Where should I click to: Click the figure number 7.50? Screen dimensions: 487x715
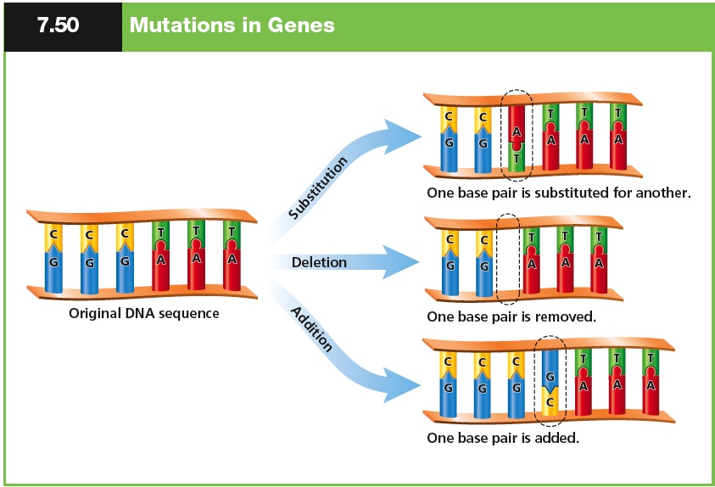58,25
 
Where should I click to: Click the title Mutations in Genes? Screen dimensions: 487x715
232,25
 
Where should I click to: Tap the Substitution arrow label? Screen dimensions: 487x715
318,188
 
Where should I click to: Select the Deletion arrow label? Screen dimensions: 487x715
319,262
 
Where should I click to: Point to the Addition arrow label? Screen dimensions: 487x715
312,329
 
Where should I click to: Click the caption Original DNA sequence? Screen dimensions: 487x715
144,313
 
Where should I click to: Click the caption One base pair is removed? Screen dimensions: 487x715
512,316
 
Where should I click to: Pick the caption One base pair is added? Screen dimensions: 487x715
503,439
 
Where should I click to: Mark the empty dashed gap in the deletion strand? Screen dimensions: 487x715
508,259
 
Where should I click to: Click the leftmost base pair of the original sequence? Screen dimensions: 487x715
53,256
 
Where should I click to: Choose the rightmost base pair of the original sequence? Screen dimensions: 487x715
231,255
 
